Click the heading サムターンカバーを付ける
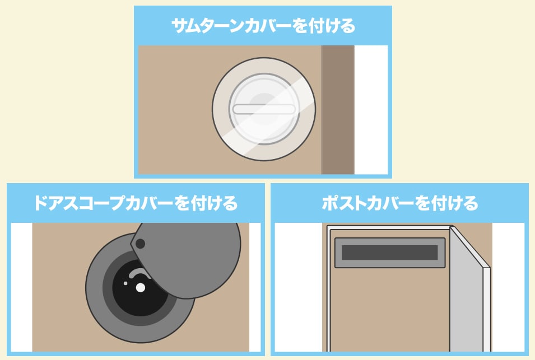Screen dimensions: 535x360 click(263, 26)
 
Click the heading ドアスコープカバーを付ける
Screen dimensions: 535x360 click(136, 203)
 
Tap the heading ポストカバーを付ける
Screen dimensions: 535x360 click(399, 203)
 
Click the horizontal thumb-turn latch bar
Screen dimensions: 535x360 click(264, 109)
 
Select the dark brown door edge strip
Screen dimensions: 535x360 click(337, 110)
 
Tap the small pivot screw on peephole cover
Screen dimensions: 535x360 click(140, 244)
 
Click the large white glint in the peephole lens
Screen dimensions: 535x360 click(140, 288)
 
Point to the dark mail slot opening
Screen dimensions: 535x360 click(390, 253)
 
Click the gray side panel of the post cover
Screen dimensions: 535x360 click(467, 293)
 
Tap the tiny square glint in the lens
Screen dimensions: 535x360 click(125, 283)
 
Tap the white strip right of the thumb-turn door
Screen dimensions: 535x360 click(371, 110)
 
